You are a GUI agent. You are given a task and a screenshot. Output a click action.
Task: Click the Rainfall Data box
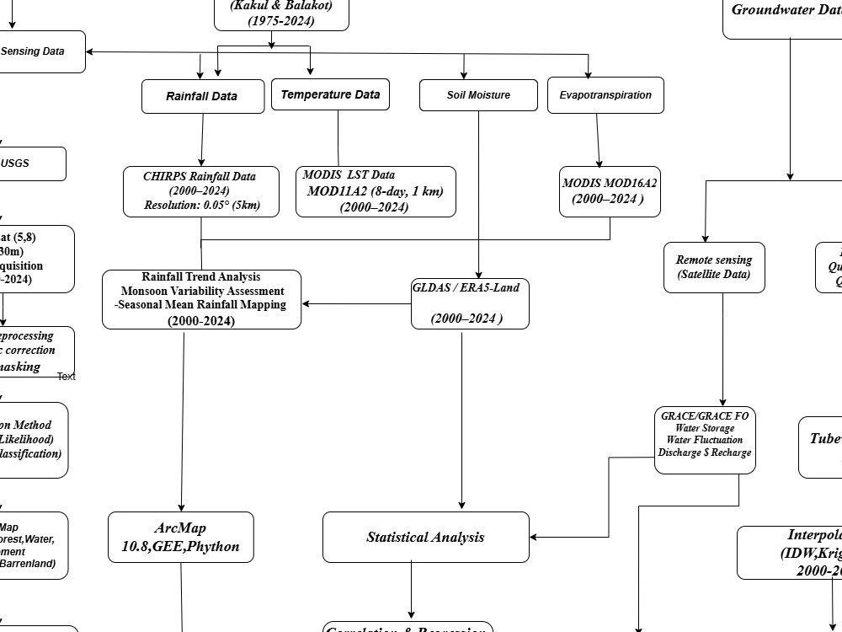pyautogui.click(x=201, y=96)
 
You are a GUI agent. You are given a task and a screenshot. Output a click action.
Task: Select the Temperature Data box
pyautogui.click(x=330, y=94)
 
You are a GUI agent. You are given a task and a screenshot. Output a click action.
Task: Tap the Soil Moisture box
pyautogui.click(x=478, y=95)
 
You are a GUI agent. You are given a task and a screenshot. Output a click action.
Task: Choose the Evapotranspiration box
pyautogui.click(x=605, y=95)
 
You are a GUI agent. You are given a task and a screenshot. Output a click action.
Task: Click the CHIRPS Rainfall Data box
pyautogui.click(x=200, y=191)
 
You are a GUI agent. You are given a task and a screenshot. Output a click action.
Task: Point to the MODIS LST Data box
pyautogui.click(x=376, y=191)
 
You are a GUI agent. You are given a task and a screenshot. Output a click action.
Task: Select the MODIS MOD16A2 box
pyautogui.click(x=610, y=191)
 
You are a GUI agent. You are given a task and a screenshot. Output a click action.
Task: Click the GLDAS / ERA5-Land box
pyautogui.click(x=470, y=303)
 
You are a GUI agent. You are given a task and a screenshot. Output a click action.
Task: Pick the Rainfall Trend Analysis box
pyautogui.click(x=201, y=299)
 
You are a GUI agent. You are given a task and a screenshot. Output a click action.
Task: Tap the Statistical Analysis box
pyautogui.click(x=426, y=537)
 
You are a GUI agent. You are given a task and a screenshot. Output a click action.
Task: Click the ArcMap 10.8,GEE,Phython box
pyautogui.click(x=180, y=538)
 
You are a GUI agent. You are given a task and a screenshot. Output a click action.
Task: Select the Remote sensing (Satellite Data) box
pyautogui.click(x=714, y=267)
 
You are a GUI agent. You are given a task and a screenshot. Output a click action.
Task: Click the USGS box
pyautogui.click(x=25, y=163)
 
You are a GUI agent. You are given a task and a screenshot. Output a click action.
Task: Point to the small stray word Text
pyautogui.click(x=67, y=377)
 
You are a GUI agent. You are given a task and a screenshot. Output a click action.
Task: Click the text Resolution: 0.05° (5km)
pyautogui.click(x=201, y=205)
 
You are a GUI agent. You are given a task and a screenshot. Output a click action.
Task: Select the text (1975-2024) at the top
pyautogui.click(x=281, y=21)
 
